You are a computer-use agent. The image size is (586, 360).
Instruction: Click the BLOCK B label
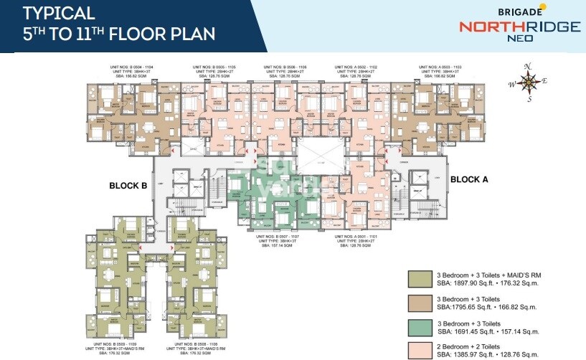tap(128, 185)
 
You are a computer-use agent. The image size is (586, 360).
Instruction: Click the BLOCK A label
tap(469, 179)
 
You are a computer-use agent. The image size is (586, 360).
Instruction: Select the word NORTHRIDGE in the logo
tap(519, 27)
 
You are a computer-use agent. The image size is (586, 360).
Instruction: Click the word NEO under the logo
tap(520, 39)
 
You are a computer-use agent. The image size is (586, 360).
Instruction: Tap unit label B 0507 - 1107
tap(276, 235)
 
